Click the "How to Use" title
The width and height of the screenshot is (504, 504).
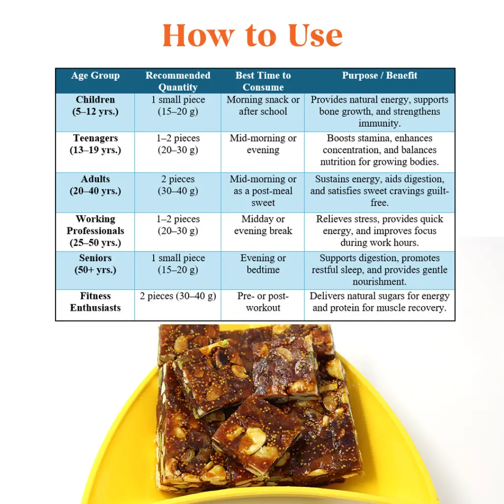(252, 35)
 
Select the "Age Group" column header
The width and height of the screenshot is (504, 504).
(95, 75)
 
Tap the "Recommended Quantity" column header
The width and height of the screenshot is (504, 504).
(178, 81)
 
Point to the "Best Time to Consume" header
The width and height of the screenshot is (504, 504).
(263, 81)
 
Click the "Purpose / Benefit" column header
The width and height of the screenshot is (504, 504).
(379, 75)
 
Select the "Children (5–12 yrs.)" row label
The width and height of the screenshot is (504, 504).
(95, 105)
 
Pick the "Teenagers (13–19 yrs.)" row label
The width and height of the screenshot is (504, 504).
(95, 144)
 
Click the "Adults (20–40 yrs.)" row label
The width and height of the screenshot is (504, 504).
(95, 185)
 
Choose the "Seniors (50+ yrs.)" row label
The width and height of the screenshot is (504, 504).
(95, 264)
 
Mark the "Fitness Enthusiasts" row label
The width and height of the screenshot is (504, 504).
(95, 302)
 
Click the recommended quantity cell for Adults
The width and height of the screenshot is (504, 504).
(178, 185)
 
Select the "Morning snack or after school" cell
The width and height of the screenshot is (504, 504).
(263, 105)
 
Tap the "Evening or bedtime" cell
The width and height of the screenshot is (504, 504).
(263, 264)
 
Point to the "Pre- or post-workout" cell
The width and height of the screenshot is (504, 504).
(263, 302)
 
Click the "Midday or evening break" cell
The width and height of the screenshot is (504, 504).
(263, 225)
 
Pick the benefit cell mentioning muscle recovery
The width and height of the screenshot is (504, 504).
(379, 302)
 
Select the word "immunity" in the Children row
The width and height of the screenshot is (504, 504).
(379, 124)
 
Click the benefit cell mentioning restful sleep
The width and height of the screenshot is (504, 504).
(379, 270)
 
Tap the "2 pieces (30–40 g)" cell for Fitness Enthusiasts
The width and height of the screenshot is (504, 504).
(178, 296)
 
